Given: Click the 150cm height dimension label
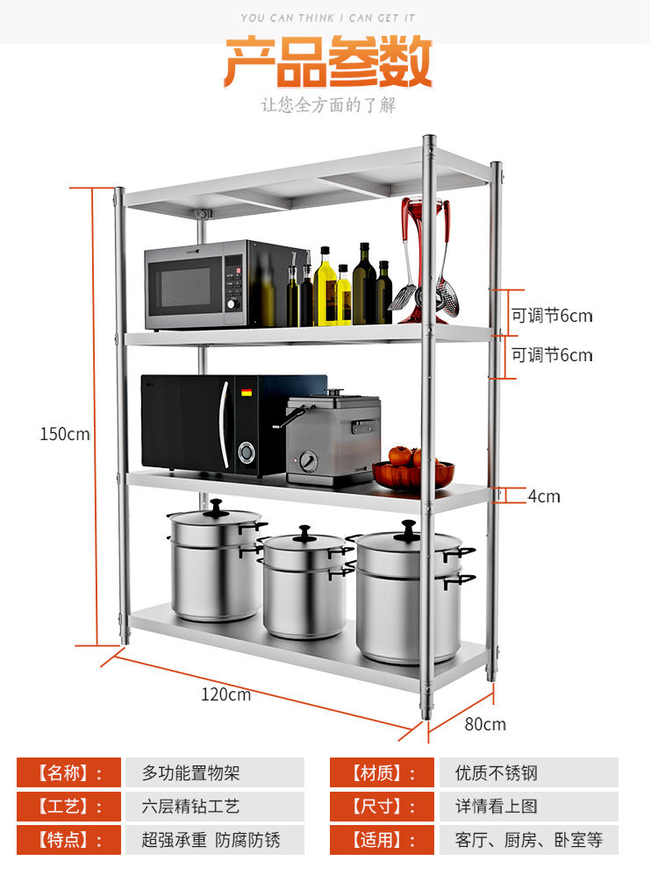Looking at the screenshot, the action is tap(65, 433).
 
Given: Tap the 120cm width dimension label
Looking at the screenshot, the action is tap(226, 694).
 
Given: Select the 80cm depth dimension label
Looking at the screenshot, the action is tap(485, 724).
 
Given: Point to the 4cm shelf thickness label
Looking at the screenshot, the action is tap(543, 496).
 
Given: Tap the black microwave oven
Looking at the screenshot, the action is tap(211, 423).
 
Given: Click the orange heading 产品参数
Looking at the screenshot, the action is tap(328, 62).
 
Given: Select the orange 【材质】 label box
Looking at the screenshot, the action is tap(382, 772).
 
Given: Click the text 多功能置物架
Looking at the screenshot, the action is tap(190, 772).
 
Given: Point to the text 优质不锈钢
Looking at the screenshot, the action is tap(497, 772).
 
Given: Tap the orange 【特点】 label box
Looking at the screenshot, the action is tap(68, 840).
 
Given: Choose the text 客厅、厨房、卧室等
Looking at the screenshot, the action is tap(529, 840).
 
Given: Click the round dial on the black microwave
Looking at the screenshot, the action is tap(247, 452).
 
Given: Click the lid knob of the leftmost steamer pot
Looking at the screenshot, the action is tap(216, 506).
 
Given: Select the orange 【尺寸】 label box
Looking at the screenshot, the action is tap(382, 807).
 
